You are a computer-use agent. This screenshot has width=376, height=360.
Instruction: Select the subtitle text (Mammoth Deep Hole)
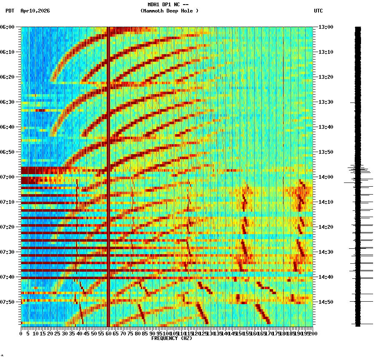click(x=169, y=11)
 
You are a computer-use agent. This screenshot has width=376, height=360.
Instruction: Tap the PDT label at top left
click(x=10, y=11)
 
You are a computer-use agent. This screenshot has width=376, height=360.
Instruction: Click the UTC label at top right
click(x=318, y=11)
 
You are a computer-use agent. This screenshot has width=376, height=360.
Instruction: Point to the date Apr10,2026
click(x=35, y=11)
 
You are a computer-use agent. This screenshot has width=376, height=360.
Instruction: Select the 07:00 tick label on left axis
click(x=8, y=177)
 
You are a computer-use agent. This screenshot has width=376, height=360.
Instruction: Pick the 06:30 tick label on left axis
click(x=8, y=102)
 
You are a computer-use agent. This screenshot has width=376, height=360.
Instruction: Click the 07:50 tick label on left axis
click(x=8, y=302)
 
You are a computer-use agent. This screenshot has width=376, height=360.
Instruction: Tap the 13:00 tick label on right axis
click(x=326, y=27)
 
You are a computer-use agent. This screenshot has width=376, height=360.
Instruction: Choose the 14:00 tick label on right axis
click(x=326, y=177)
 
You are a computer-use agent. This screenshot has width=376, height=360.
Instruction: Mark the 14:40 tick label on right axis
click(x=326, y=277)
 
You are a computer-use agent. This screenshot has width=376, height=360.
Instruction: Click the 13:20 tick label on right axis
click(x=326, y=77)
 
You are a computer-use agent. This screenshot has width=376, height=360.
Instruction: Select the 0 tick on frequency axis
click(x=21, y=334)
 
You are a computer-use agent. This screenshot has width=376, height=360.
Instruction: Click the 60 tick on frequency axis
click(x=109, y=334)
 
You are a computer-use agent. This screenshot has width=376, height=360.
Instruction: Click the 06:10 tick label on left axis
click(x=8, y=52)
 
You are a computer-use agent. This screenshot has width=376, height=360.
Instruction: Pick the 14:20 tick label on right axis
click(x=326, y=227)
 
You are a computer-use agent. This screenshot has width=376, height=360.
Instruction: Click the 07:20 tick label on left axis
click(x=8, y=227)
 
